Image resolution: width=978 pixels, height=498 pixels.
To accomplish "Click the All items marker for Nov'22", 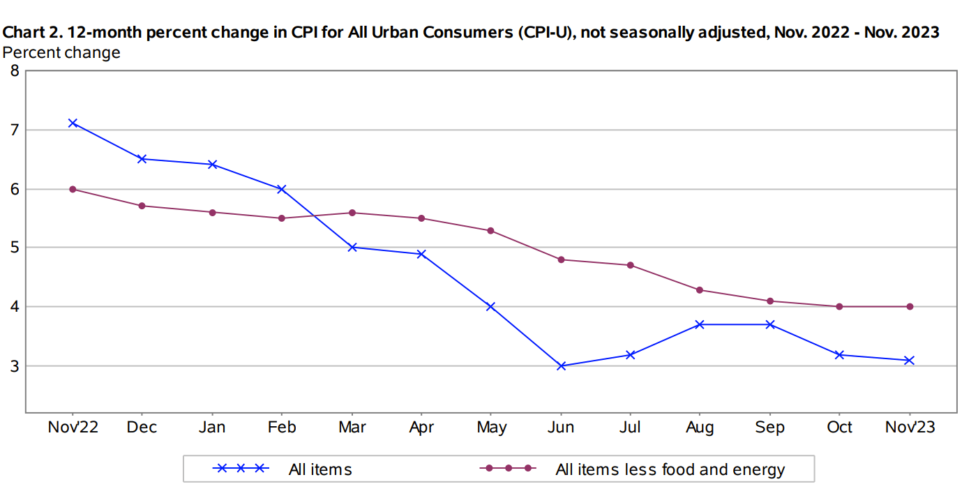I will point(73,123).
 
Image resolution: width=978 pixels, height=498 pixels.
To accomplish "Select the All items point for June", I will point(561,365).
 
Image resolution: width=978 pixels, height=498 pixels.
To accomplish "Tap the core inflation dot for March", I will point(352,213).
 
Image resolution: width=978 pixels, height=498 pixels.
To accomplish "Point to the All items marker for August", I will point(700,324).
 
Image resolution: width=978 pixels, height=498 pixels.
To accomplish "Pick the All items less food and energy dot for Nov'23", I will point(910,306).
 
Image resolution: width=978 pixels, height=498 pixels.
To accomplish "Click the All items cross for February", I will point(282,189).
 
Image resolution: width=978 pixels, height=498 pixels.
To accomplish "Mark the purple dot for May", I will point(491,230).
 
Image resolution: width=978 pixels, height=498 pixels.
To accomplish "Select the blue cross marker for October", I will point(840,354).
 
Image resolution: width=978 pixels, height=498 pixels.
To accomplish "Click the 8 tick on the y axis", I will point(13,70).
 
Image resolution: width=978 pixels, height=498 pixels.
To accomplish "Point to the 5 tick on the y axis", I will point(13,248).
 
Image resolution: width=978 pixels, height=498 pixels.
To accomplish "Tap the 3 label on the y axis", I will point(13,365).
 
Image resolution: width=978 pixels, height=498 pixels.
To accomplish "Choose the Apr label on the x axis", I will point(421,427).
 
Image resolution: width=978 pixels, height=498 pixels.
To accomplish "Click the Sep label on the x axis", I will point(769,427).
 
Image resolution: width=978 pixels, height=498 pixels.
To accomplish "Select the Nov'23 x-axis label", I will point(910,427).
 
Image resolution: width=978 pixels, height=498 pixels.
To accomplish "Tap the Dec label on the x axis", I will point(142,427).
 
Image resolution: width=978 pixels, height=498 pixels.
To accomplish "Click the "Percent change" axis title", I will point(61,52).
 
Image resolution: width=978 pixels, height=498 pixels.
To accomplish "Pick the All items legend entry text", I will point(320,469).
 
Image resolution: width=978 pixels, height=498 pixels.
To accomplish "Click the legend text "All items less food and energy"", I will point(670,469).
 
